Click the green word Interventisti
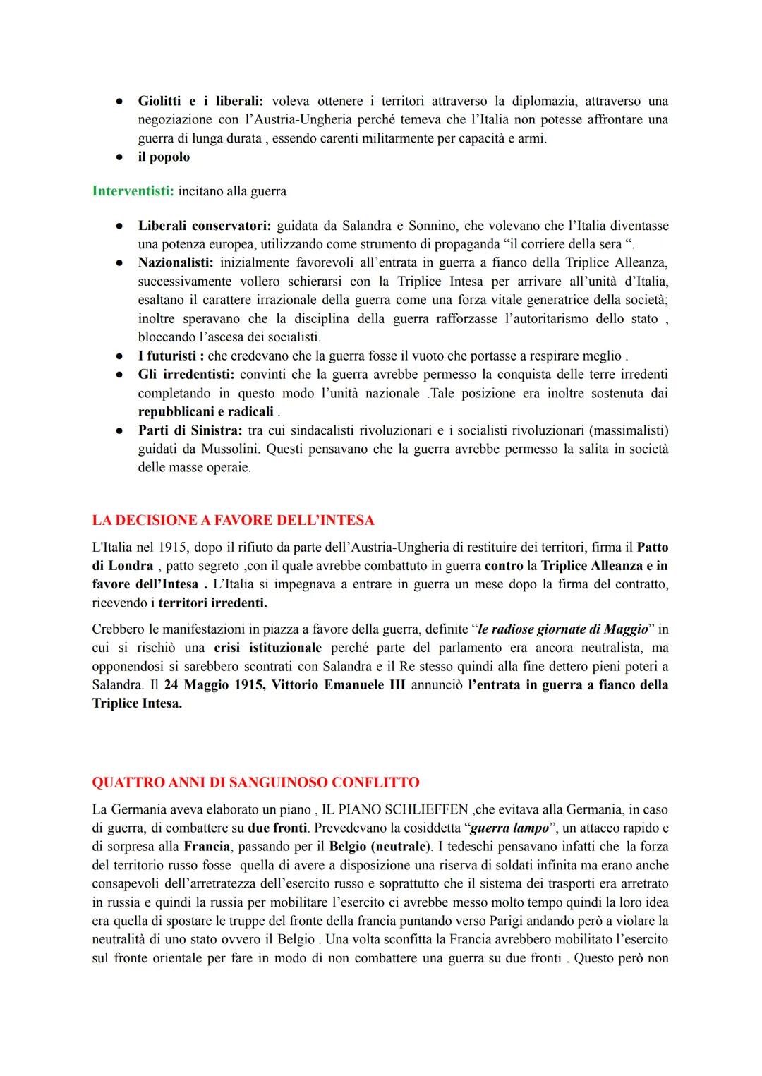(133, 191)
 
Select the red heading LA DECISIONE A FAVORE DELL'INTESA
(233, 521)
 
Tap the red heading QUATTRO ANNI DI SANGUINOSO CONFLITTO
(255, 782)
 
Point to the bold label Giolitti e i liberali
(200, 102)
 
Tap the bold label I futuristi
(171, 356)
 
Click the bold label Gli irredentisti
(186, 375)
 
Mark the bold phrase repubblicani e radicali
(205, 412)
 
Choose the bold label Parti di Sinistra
(190, 430)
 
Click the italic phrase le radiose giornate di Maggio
(562, 629)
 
